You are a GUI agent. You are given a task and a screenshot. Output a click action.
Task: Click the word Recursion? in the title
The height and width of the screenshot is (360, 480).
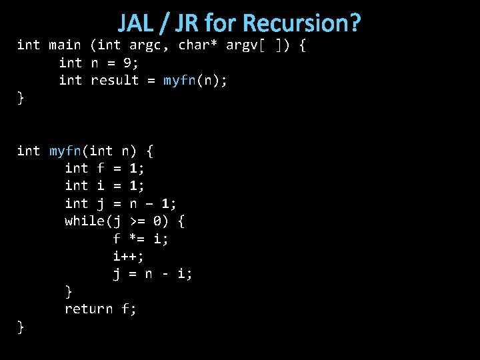302,23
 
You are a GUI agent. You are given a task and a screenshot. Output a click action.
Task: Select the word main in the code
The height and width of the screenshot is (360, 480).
65,45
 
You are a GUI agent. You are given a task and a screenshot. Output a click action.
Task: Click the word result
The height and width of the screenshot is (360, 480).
114,80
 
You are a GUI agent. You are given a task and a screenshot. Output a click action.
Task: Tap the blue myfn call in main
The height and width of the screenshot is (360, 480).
179,80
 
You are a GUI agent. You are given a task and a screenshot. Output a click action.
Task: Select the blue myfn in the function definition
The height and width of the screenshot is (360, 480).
65,151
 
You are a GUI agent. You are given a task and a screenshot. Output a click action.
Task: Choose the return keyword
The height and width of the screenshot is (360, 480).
89,309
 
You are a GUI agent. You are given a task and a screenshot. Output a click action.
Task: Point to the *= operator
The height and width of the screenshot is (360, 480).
138,238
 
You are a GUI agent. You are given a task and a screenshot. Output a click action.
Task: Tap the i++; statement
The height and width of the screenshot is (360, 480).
129,256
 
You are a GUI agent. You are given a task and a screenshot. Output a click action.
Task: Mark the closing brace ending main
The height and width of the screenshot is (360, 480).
21,98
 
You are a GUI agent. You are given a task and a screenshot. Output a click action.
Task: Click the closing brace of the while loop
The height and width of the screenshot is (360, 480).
69,291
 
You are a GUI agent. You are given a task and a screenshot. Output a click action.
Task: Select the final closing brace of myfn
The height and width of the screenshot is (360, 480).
21,327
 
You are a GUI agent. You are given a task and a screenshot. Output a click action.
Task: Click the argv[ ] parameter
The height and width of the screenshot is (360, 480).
253,45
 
